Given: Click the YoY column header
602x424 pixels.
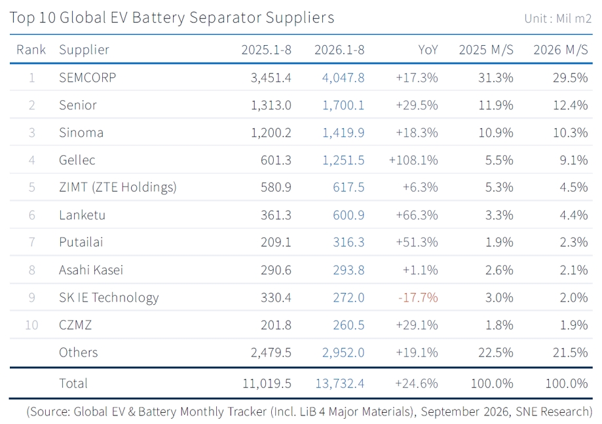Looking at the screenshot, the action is (x=428, y=50).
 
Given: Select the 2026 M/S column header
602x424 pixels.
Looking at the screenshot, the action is (x=561, y=50).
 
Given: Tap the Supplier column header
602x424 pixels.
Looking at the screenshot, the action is (x=84, y=50).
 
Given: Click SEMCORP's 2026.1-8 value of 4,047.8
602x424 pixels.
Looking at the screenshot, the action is (x=343, y=78).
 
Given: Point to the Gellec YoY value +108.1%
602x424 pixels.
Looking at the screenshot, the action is (x=413, y=160).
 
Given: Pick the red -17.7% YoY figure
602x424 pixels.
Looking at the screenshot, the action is (x=418, y=298).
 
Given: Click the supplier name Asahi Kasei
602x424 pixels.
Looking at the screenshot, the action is (x=91, y=270).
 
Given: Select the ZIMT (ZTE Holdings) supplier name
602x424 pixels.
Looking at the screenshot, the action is (x=118, y=188).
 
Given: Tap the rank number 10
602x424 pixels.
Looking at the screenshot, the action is (x=31, y=325).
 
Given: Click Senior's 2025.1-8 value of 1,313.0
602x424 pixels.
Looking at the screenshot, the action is (x=271, y=105).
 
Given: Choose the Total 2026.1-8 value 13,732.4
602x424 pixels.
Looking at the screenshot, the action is (x=340, y=383).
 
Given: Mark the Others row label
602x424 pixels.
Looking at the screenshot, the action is (x=79, y=352).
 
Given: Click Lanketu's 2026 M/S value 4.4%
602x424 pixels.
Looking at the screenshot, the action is (x=574, y=215).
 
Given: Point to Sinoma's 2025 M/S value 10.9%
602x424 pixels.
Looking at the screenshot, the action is (x=496, y=133).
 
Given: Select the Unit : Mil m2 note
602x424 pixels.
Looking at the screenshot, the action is (x=558, y=18).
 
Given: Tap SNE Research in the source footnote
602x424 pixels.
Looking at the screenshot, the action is (x=554, y=412).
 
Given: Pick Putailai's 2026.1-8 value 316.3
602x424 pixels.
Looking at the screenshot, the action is (x=348, y=242).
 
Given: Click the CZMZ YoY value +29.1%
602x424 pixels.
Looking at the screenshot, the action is (x=417, y=325).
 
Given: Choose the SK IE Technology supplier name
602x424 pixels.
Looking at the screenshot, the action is (x=109, y=298).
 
